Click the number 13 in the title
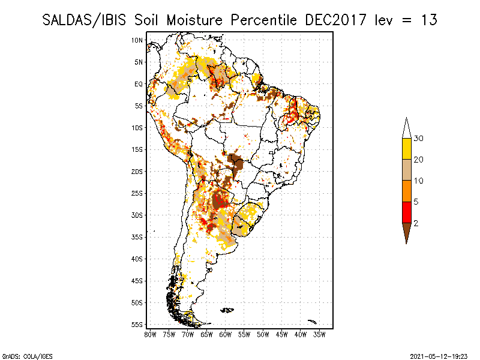tap(428, 19)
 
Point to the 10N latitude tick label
tap(137, 40)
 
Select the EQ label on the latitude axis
tap(139, 84)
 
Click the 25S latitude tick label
tap(137, 193)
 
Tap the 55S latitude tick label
tap(137, 324)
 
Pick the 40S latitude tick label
tap(137, 259)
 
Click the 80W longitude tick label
tap(150, 334)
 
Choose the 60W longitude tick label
tap(226, 334)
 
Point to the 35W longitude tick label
tap(320, 334)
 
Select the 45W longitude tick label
tap(282, 334)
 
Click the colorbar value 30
tap(419, 139)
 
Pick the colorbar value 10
tap(419, 181)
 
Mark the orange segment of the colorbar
tap(407, 191)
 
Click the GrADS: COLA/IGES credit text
tap(20, 356)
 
